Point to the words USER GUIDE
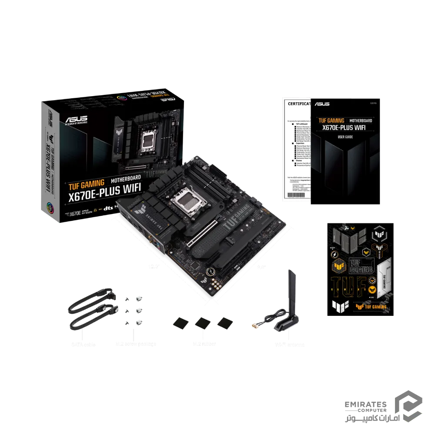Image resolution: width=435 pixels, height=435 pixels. tap(345, 137)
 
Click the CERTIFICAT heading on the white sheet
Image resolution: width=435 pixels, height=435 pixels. tap(298, 104)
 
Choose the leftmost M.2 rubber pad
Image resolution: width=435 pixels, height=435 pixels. tap(179, 323)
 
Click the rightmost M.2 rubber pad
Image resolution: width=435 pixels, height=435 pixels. tap(224, 323)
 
